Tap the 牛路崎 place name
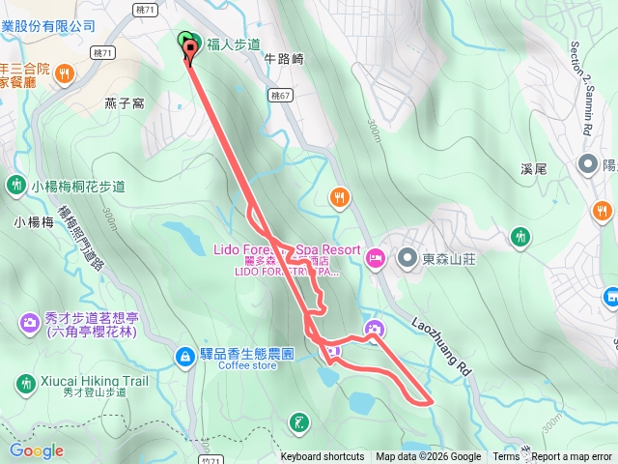pos(284,59)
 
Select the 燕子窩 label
pos(124,103)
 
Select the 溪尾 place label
pos(534,168)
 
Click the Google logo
pos(37,450)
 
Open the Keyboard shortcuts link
pos(323,457)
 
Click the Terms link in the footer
pos(506,457)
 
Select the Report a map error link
pos(572,457)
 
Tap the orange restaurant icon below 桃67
pos(338,198)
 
